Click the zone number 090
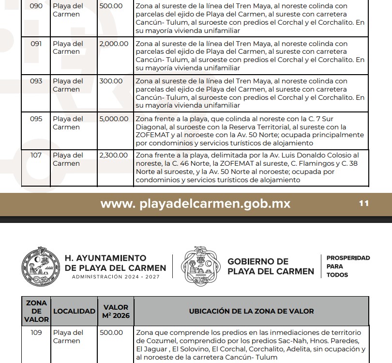tap(36, 6)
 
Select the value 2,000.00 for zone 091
tap(114, 44)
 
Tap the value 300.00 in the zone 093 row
tap(111, 81)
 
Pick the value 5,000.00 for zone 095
tap(114, 119)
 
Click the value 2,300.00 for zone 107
tap(114, 155)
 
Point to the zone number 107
tap(36, 155)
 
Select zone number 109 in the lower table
tap(36, 332)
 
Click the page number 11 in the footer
tap(364, 204)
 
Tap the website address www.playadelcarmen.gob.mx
tap(196, 204)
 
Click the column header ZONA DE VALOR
tap(36, 311)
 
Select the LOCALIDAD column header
tap(74, 311)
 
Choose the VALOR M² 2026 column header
tap(116, 311)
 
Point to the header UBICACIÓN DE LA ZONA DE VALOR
tap(251, 311)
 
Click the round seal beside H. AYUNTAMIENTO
tap(40, 266)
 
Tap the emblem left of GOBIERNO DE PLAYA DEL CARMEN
tap(200, 266)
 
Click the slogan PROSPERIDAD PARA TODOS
tap(347, 266)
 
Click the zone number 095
tap(36, 119)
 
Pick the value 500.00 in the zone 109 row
tap(111, 332)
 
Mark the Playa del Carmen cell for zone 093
tap(68, 85)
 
